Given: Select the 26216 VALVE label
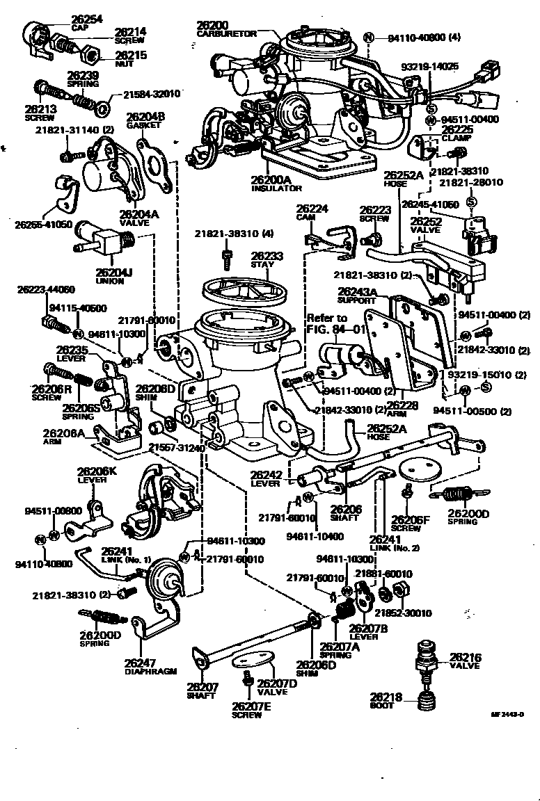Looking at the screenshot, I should pyautogui.click(x=467, y=660).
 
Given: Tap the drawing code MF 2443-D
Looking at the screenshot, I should pyautogui.click(x=507, y=713).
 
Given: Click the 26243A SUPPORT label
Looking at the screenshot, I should pyautogui.click(x=357, y=296).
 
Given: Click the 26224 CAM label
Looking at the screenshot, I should pyautogui.click(x=312, y=211).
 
